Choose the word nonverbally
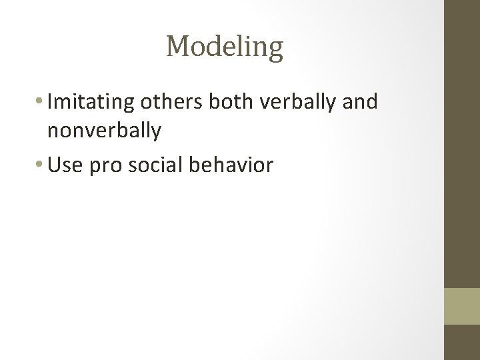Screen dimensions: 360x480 [x=104, y=131]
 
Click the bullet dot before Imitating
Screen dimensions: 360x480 [x=42, y=103]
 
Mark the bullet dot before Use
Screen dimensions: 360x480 [x=42, y=165]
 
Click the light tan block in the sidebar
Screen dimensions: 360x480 [x=461, y=306]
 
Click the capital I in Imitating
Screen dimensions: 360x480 [x=51, y=102]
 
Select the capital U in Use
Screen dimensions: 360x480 [x=54, y=164]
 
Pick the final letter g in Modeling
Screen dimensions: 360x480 [x=275, y=51]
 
